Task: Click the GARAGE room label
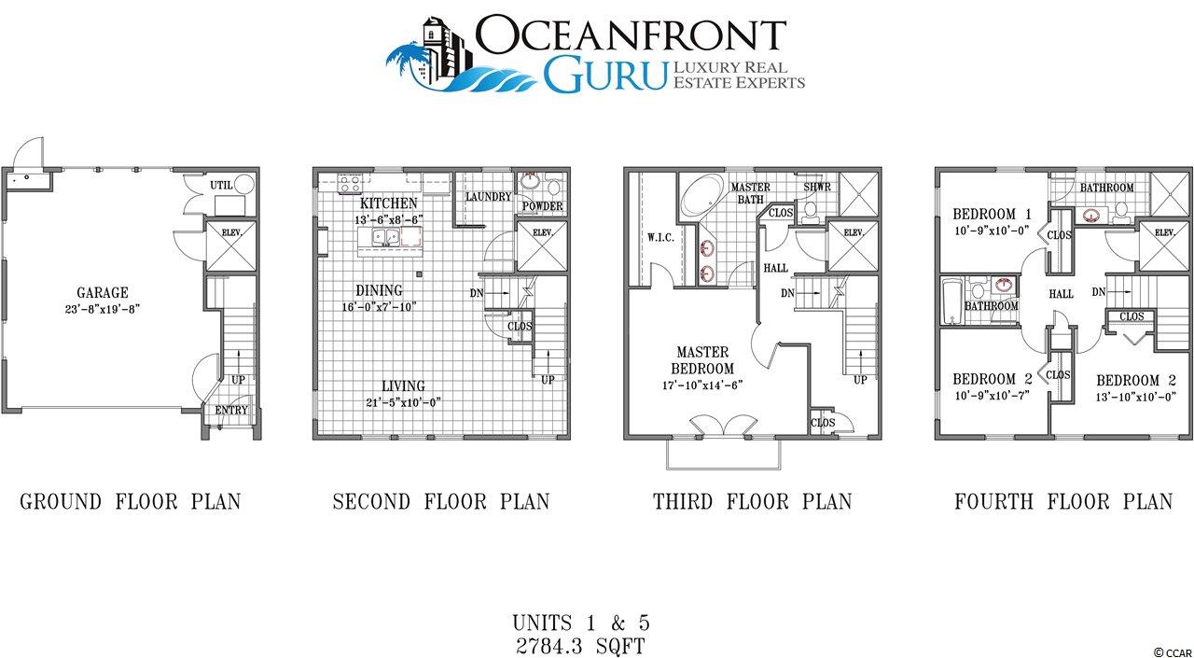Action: (103, 292)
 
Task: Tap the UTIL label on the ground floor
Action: (221, 185)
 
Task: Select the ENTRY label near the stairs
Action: (231, 410)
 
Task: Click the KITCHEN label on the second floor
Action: (388, 203)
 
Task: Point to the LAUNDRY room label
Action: (488, 197)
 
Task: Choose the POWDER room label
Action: (543, 206)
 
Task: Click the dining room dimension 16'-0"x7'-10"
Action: (379, 307)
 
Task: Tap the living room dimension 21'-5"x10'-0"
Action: (404, 402)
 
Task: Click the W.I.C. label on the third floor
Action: (661, 237)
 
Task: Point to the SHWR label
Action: (817, 187)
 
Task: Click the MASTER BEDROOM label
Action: (702, 360)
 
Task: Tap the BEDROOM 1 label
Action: (992, 215)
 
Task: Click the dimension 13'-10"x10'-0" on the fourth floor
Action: (1136, 398)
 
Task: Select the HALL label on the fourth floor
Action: (1062, 294)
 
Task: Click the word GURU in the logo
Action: (605, 76)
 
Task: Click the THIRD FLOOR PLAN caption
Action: (753, 502)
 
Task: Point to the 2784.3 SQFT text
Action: (580, 646)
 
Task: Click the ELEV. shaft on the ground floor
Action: (231, 246)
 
